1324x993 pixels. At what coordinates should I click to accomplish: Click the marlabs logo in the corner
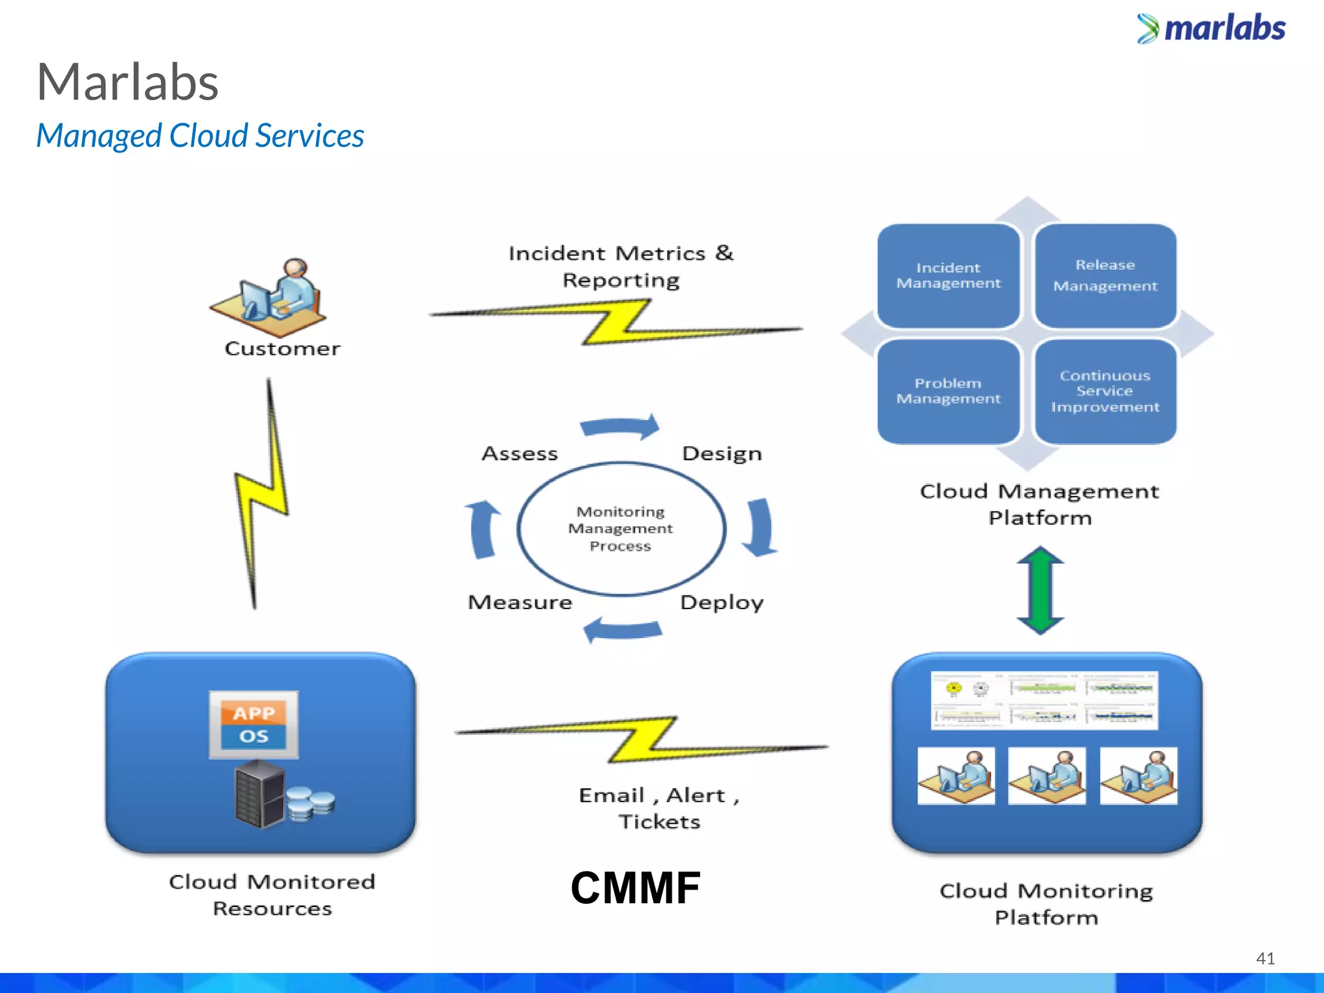click(1212, 28)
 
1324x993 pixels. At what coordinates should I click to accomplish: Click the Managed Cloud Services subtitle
click(200, 136)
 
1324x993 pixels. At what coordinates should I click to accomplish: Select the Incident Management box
click(948, 276)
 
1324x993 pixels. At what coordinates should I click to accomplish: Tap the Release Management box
click(1105, 276)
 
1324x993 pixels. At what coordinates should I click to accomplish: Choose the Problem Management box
click(948, 391)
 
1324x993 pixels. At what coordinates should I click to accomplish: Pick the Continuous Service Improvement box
click(1105, 391)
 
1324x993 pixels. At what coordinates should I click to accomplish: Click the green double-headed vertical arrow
click(1040, 590)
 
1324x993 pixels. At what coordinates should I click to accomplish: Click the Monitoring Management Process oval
click(621, 529)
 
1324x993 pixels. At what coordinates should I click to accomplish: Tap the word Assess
click(520, 454)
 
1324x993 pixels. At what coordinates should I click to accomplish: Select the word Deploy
click(721, 603)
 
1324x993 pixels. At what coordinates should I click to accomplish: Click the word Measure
click(520, 603)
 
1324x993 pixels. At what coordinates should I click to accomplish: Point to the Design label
click(721, 454)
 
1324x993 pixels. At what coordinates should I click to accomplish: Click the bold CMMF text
click(635, 888)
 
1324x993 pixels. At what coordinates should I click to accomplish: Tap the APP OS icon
click(253, 725)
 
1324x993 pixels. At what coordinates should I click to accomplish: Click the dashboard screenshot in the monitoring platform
click(1044, 700)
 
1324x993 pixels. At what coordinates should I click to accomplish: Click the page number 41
click(1265, 958)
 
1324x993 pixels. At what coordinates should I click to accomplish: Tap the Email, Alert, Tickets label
click(659, 808)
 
